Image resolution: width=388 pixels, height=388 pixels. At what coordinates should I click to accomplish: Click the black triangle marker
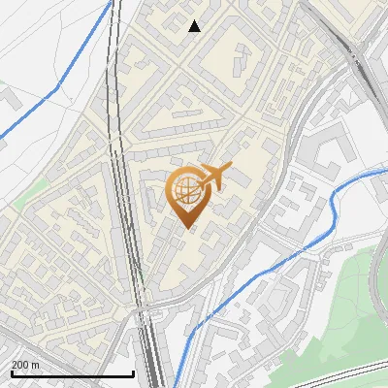(x=194, y=26)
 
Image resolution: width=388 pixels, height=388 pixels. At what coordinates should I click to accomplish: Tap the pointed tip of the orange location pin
(x=188, y=229)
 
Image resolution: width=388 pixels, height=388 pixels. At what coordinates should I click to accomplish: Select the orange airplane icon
(x=214, y=177)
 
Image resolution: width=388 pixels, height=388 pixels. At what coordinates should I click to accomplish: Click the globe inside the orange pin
(x=186, y=189)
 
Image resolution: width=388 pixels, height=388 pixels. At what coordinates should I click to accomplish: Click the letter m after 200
(x=36, y=364)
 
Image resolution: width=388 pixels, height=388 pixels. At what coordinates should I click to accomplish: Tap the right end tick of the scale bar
(x=133, y=373)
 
